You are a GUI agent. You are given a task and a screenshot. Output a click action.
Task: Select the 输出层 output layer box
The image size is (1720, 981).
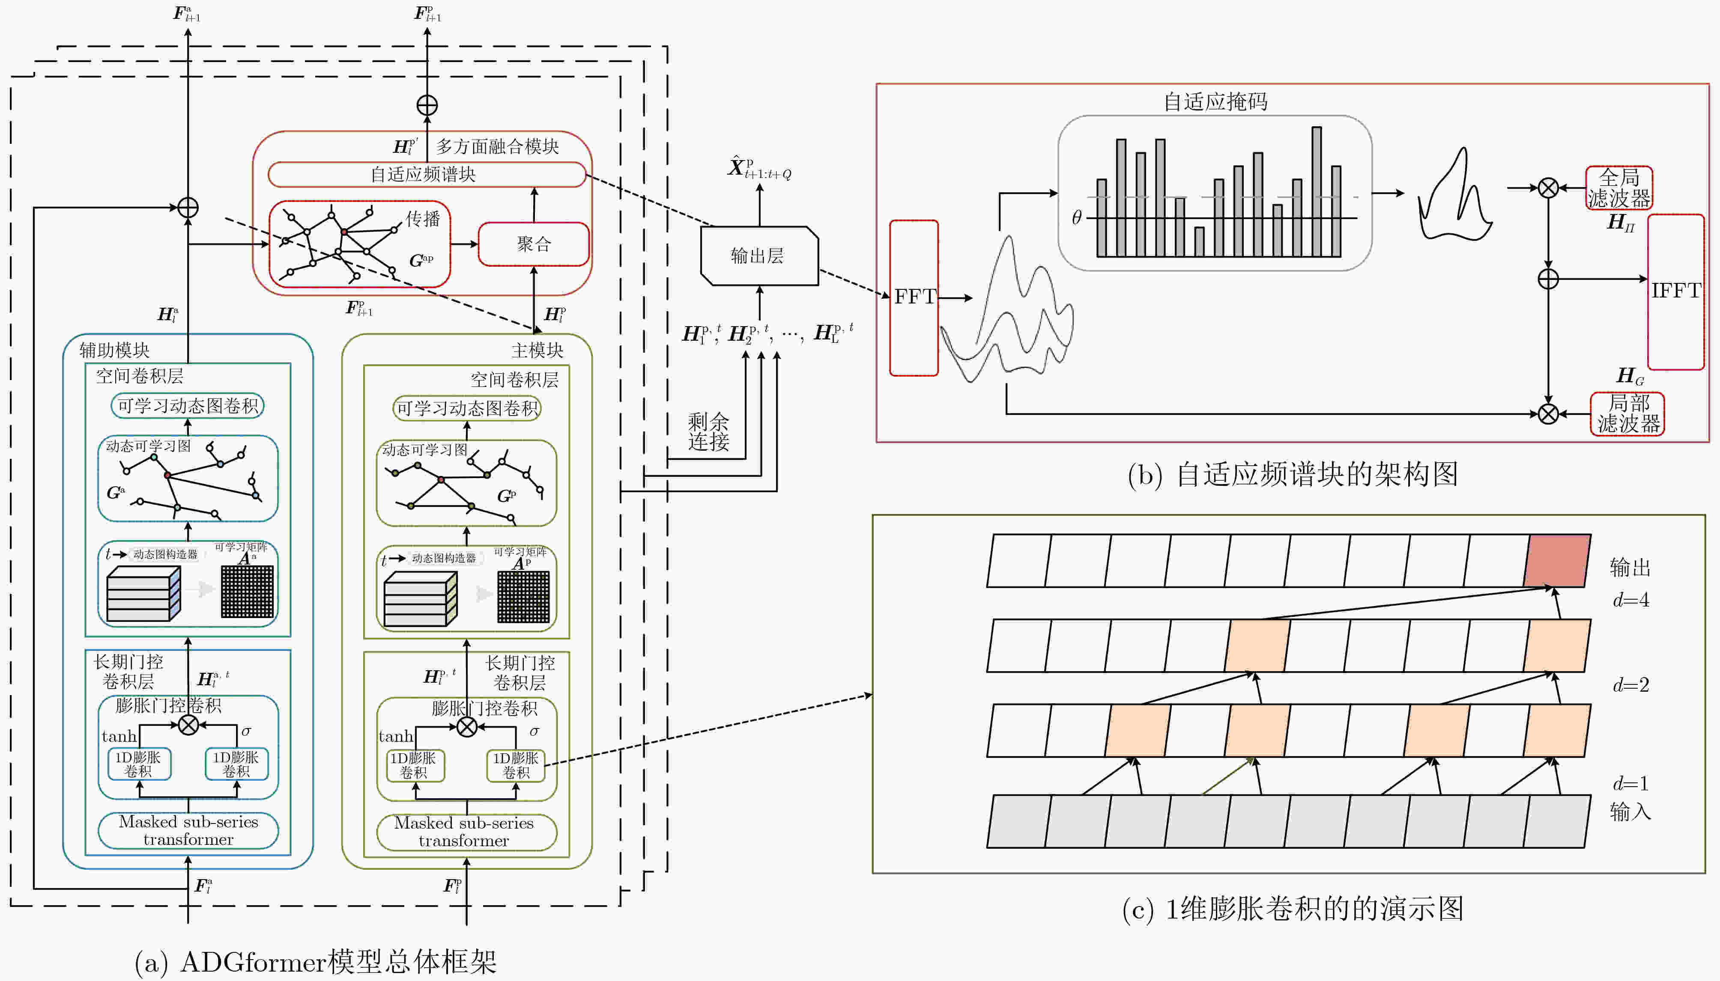[x=760, y=256]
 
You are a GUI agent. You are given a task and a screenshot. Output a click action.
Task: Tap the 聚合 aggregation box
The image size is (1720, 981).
[x=534, y=244]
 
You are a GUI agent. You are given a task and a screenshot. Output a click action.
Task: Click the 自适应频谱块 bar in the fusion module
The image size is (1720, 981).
[x=427, y=175]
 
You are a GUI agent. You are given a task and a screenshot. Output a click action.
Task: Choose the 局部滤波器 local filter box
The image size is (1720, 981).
[x=1627, y=414]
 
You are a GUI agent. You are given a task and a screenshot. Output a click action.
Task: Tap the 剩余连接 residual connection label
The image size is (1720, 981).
[x=708, y=432]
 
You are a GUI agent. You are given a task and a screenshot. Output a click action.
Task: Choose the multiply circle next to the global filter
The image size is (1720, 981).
[x=1548, y=188]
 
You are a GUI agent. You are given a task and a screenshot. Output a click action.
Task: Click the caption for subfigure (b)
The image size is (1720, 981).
[x=1293, y=474]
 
